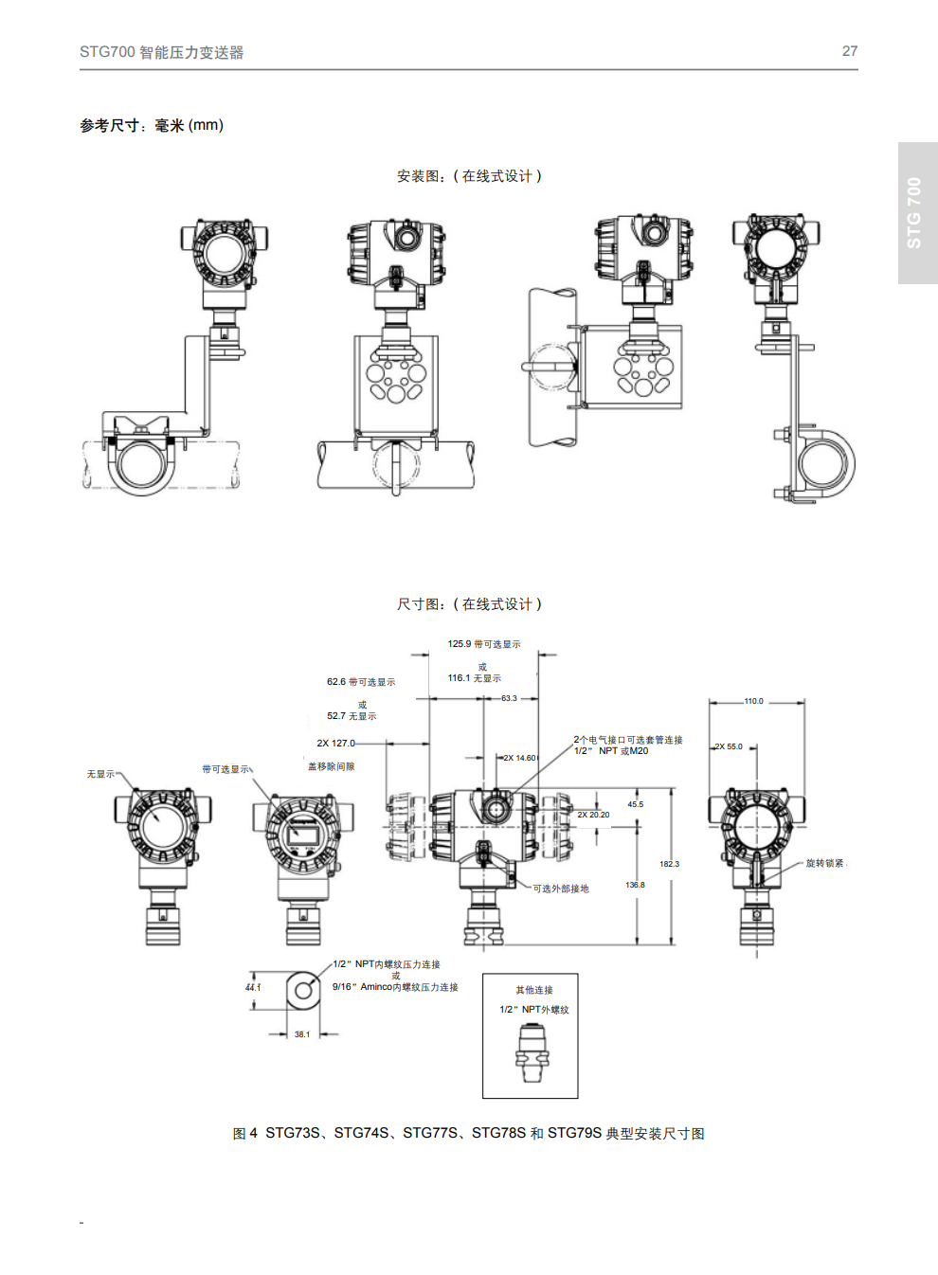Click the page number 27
click(x=850, y=51)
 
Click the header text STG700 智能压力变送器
click(x=162, y=52)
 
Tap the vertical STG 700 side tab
click(x=915, y=212)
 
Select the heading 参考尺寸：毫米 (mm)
click(x=152, y=125)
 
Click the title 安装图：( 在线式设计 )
click(x=469, y=176)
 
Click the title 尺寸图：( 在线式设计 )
click(x=469, y=604)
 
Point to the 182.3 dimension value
click(x=669, y=864)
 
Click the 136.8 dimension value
click(x=635, y=885)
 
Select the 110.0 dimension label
click(x=753, y=702)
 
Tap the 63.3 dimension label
click(x=509, y=698)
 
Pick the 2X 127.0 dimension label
click(x=336, y=744)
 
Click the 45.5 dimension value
click(x=635, y=804)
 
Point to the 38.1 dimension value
click(x=301, y=1034)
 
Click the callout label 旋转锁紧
click(x=824, y=863)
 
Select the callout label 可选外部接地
click(x=561, y=889)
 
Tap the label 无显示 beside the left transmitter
click(x=101, y=774)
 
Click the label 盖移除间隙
click(x=332, y=766)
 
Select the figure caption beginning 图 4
click(x=469, y=1134)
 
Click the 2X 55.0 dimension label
click(x=729, y=746)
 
